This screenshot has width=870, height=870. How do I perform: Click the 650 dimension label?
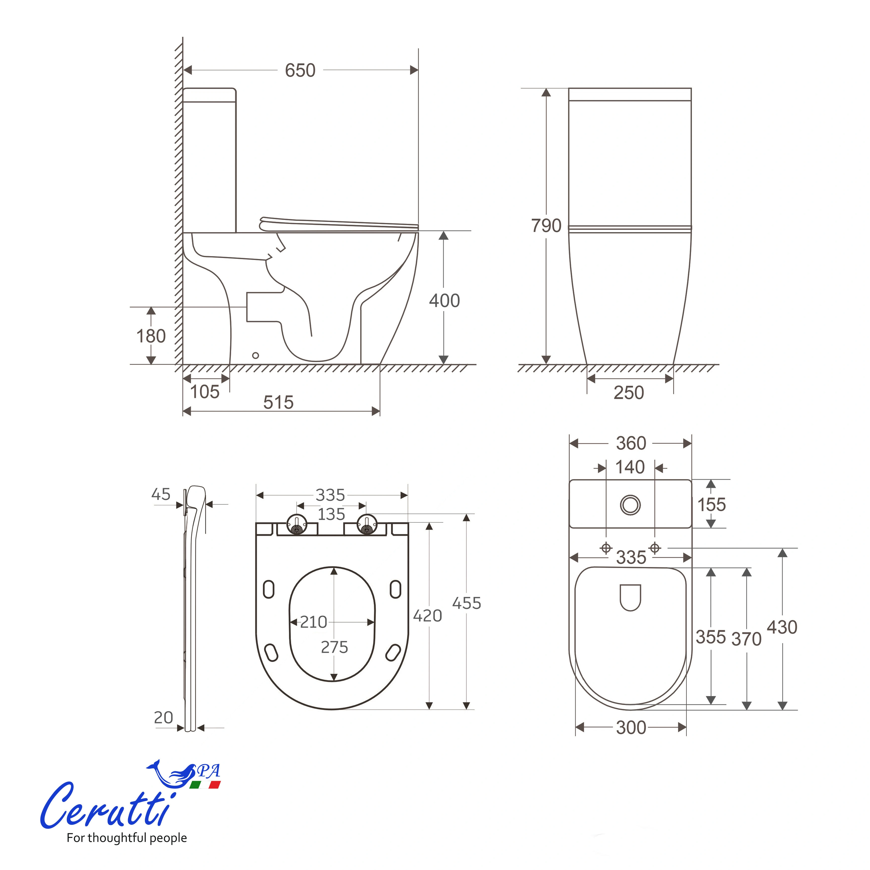(x=300, y=71)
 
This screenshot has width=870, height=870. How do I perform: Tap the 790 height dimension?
(x=546, y=226)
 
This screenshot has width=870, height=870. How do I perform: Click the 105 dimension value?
(x=204, y=392)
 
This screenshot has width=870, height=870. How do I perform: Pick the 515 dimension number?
(x=278, y=402)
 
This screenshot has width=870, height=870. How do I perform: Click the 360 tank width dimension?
(x=631, y=443)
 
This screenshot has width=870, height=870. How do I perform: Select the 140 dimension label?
(x=630, y=467)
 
